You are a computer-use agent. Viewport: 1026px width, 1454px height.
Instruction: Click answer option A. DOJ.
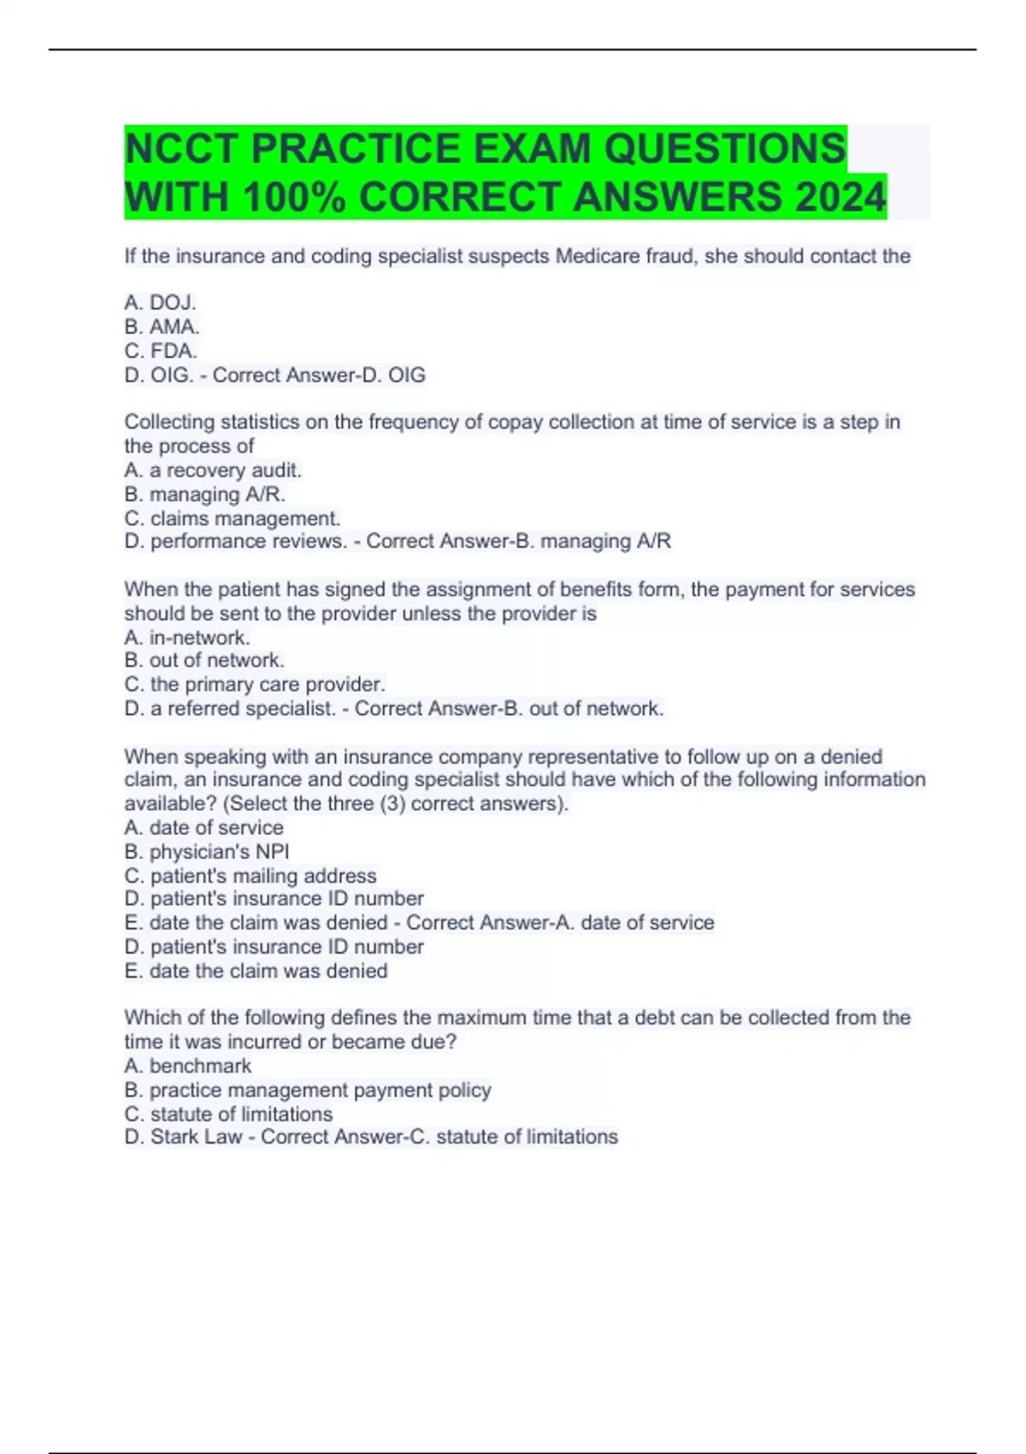pyautogui.click(x=161, y=303)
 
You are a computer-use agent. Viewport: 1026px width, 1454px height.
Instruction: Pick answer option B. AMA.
pyautogui.click(x=162, y=327)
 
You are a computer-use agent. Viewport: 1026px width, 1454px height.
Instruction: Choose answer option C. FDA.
pyautogui.click(x=162, y=351)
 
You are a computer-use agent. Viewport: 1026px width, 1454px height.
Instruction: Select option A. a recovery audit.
pyautogui.click(x=213, y=470)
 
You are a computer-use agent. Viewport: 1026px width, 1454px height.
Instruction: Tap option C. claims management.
pyautogui.click(x=233, y=518)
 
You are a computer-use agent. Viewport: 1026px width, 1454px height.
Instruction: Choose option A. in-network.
pyautogui.click(x=187, y=637)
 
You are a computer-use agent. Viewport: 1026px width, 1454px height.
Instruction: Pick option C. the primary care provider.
pyautogui.click(x=255, y=684)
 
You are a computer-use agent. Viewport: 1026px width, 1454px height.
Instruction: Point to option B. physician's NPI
pyautogui.click(x=207, y=852)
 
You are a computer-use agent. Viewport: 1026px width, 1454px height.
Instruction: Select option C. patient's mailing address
pyautogui.click(x=251, y=876)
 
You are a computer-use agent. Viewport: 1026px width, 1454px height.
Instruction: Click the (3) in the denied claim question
pyautogui.click(x=392, y=804)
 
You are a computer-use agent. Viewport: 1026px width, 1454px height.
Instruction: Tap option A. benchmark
pyautogui.click(x=188, y=1066)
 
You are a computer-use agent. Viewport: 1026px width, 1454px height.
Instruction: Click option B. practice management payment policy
pyautogui.click(x=308, y=1090)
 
